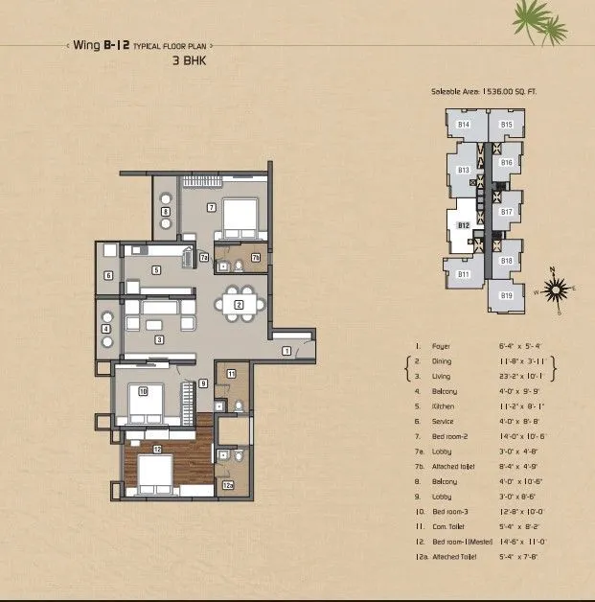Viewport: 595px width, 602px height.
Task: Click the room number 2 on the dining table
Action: pos(239,306)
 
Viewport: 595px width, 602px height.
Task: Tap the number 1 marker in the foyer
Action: pos(286,352)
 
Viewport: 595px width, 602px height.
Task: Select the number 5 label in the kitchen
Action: pos(155,270)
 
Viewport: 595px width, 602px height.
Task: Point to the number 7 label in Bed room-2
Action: pos(211,207)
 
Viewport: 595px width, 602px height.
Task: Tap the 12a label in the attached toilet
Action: pos(227,486)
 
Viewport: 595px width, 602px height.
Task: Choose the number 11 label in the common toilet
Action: pos(231,373)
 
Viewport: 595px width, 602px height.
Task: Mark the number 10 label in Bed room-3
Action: pos(142,391)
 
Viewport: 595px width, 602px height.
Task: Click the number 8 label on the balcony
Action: pos(165,212)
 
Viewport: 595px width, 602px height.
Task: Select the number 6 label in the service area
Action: pos(109,276)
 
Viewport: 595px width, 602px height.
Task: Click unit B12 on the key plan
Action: pos(463,225)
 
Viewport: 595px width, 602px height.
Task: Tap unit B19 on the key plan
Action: pos(506,295)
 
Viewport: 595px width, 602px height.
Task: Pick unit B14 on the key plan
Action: pos(463,125)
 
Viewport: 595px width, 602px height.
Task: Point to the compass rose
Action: pos(554,286)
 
